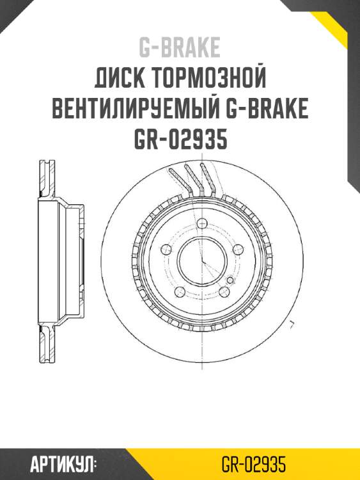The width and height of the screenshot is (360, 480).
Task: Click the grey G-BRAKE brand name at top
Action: click(x=180, y=47)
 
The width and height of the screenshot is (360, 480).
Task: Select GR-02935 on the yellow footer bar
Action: click(x=253, y=464)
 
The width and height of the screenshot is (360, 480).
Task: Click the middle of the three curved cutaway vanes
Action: click(x=191, y=179)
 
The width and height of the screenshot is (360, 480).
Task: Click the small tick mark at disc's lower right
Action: click(x=292, y=324)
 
